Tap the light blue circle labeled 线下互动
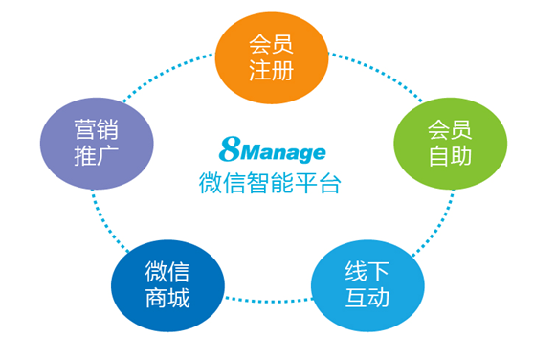click(x=367, y=284)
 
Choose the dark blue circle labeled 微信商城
click(x=167, y=284)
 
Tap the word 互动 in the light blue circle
click(x=367, y=299)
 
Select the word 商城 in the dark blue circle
click(x=167, y=299)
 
